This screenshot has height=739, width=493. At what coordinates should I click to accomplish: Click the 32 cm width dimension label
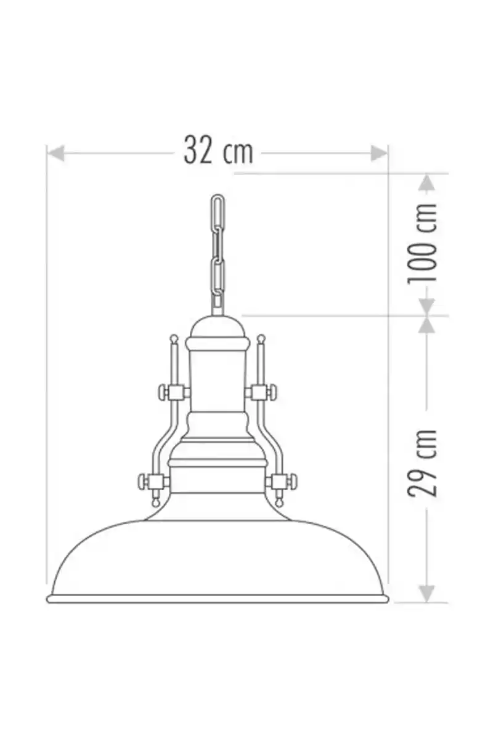218,150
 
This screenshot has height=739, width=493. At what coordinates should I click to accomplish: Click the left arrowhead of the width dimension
55,153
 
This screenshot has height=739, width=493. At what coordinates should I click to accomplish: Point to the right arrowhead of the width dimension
379,153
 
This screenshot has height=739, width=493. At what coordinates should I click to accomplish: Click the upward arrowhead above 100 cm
427,182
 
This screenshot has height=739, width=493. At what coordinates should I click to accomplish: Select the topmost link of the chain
218,211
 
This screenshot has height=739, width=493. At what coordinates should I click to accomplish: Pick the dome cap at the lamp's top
218,326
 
